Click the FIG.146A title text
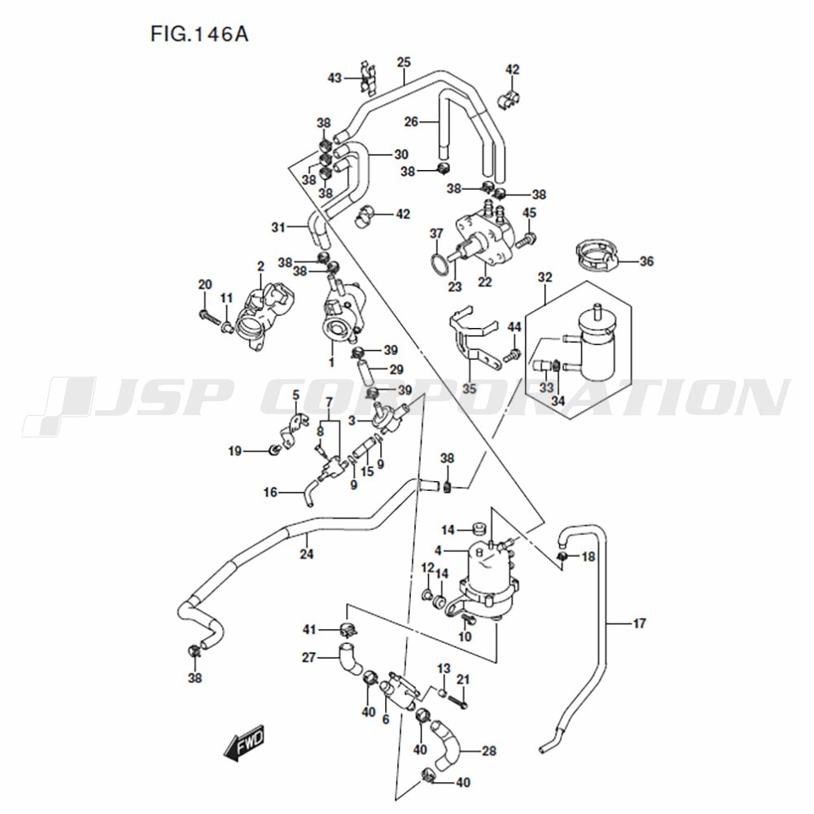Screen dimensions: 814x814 click(199, 34)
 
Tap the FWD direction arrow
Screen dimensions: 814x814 click(244, 742)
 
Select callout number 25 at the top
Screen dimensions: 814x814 click(404, 63)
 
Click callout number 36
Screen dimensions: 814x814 click(646, 261)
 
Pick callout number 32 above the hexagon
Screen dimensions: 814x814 click(545, 278)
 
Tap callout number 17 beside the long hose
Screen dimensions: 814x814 click(640, 623)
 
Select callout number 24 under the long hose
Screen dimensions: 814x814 click(306, 554)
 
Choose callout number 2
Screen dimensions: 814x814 click(260, 267)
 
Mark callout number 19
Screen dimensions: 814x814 click(234, 451)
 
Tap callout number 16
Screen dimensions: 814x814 click(270, 492)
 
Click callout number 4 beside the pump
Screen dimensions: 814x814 click(438, 550)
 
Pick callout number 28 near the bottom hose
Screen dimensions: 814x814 click(489, 751)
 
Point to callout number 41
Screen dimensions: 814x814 click(309, 630)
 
